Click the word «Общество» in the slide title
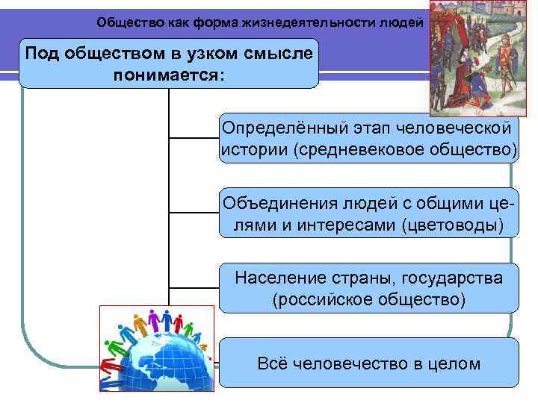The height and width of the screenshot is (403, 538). click(124, 22)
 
